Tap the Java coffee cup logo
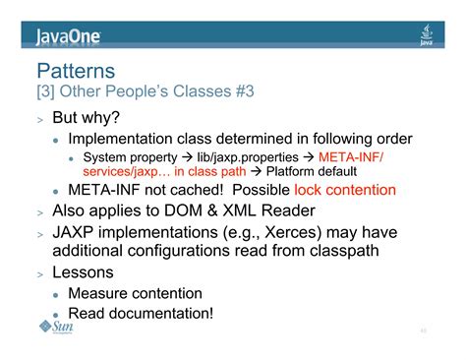(x=427, y=35)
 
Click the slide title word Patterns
(x=76, y=71)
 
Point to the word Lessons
(x=83, y=272)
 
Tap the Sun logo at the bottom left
(x=57, y=328)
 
